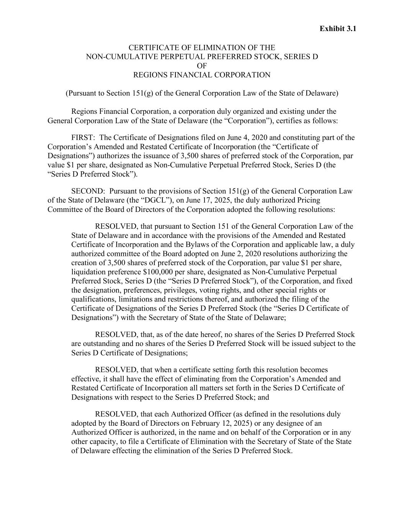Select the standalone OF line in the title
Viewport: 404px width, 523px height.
pyautogui.click(x=201, y=66)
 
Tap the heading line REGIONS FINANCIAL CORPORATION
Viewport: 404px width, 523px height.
pyautogui.click(x=201, y=75)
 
